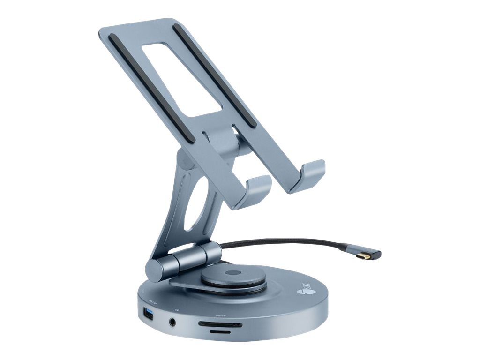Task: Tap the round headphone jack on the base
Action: point(174,322)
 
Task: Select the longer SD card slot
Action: point(220,324)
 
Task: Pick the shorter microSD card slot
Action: point(219,331)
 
